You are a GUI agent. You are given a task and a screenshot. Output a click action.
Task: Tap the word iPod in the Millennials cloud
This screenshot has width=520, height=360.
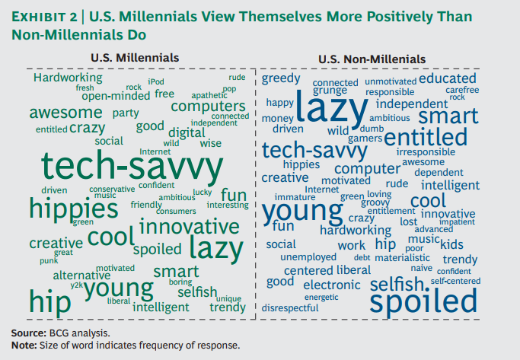(x=156, y=81)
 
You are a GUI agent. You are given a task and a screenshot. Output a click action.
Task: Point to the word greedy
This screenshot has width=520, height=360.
(x=281, y=78)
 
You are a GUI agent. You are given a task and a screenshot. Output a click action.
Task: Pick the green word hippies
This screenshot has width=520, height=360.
(x=69, y=208)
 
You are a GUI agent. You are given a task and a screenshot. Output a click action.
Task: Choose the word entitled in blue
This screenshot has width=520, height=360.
(x=425, y=137)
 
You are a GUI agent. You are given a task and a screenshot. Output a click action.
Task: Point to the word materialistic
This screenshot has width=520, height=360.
(x=402, y=257)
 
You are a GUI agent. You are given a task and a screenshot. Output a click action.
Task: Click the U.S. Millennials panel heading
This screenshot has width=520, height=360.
(x=135, y=58)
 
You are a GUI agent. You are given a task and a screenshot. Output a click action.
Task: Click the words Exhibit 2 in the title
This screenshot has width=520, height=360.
(x=43, y=17)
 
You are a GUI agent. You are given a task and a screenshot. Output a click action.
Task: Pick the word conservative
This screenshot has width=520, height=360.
(x=112, y=189)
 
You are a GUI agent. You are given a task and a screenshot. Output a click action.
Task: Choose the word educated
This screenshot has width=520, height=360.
(x=447, y=78)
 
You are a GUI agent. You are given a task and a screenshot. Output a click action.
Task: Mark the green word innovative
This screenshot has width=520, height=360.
(x=189, y=227)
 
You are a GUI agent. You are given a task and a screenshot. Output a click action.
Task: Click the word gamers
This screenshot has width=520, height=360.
(x=364, y=139)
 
